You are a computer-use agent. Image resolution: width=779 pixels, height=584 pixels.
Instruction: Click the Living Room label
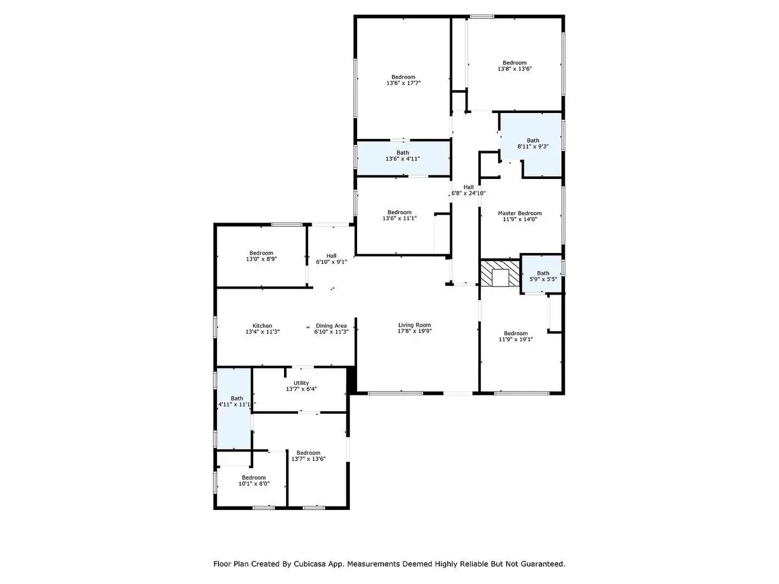point(414,325)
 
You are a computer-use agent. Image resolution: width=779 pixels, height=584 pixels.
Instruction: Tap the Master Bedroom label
point(519,213)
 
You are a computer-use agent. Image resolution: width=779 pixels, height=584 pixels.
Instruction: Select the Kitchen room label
point(262,326)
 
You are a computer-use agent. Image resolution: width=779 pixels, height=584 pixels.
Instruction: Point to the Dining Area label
point(331,326)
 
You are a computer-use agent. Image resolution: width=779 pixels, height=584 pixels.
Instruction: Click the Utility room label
point(301,383)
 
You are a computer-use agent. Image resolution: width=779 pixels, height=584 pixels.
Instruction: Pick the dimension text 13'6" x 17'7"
point(404,83)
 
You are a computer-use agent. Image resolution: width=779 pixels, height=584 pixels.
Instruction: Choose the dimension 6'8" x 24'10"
point(468,193)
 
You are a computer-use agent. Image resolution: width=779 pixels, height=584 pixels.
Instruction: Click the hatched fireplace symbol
point(500,273)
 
